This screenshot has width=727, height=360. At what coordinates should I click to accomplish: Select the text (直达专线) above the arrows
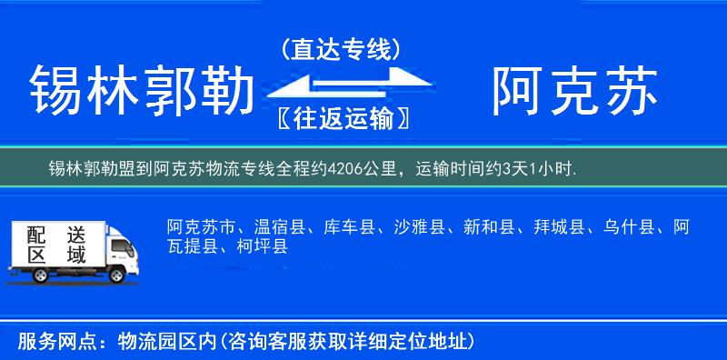[x=341, y=48]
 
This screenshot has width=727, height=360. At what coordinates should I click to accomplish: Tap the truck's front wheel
[x=115, y=275]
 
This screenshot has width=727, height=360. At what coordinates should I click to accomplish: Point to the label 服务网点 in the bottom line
[x=55, y=342]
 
